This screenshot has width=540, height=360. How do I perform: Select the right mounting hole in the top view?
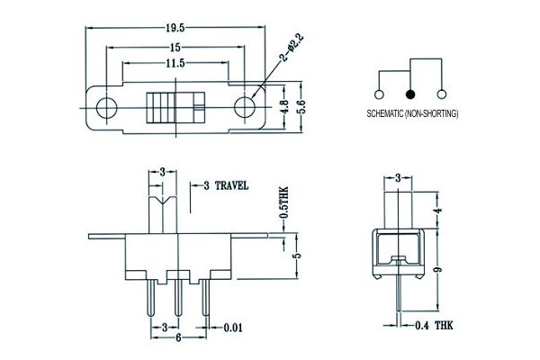pyautogui.click(x=246, y=107)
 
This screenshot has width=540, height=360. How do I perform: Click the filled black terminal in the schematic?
pyautogui.click(x=410, y=94)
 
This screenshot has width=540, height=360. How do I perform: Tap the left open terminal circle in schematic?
pyautogui.click(x=379, y=94)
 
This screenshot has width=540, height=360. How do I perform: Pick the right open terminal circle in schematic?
pyautogui.click(x=441, y=94)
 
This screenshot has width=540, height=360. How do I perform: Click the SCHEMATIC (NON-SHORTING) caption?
pyautogui.click(x=413, y=114)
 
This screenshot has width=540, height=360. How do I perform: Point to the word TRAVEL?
pyautogui.click(x=231, y=184)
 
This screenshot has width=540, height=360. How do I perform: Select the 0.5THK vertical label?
pyautogui.click(x=284, y=204)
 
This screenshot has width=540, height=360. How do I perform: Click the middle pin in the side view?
pyautogui.click(x=177, y=296)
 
